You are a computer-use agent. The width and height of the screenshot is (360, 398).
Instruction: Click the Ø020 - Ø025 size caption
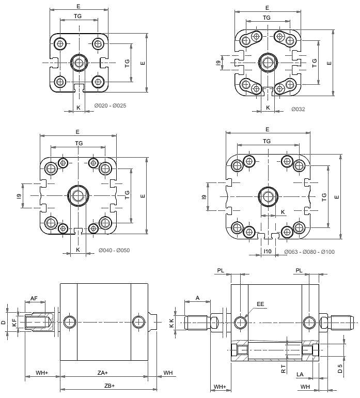click(110, 105)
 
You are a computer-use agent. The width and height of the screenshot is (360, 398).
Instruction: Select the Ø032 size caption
click(298, 109)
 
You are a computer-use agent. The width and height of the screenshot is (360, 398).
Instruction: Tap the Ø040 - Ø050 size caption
click(114, 250)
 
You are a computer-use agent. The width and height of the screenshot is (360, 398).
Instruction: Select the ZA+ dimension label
click(103, 373)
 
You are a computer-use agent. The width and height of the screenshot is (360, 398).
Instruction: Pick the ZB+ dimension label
click(109, 386)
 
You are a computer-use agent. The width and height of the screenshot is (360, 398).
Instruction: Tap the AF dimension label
click(34, 298)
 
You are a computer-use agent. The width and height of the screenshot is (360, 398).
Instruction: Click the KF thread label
click(14, 323)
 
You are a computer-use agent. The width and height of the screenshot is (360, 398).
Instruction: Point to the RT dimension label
click(283, 369)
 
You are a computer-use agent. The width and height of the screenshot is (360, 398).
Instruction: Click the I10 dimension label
click(267, 252)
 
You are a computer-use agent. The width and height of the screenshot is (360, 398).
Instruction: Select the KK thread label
click(171, 322)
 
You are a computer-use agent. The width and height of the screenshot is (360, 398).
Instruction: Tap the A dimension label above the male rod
click(197, 298)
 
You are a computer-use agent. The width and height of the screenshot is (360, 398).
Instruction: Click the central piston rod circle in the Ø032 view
click(267, 63)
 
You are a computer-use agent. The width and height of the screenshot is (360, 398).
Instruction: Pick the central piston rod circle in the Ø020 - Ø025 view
click(79, 63)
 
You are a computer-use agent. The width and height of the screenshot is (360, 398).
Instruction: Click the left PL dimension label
click(221, 270)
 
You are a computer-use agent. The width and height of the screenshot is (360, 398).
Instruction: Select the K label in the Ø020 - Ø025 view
click(78, 107)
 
